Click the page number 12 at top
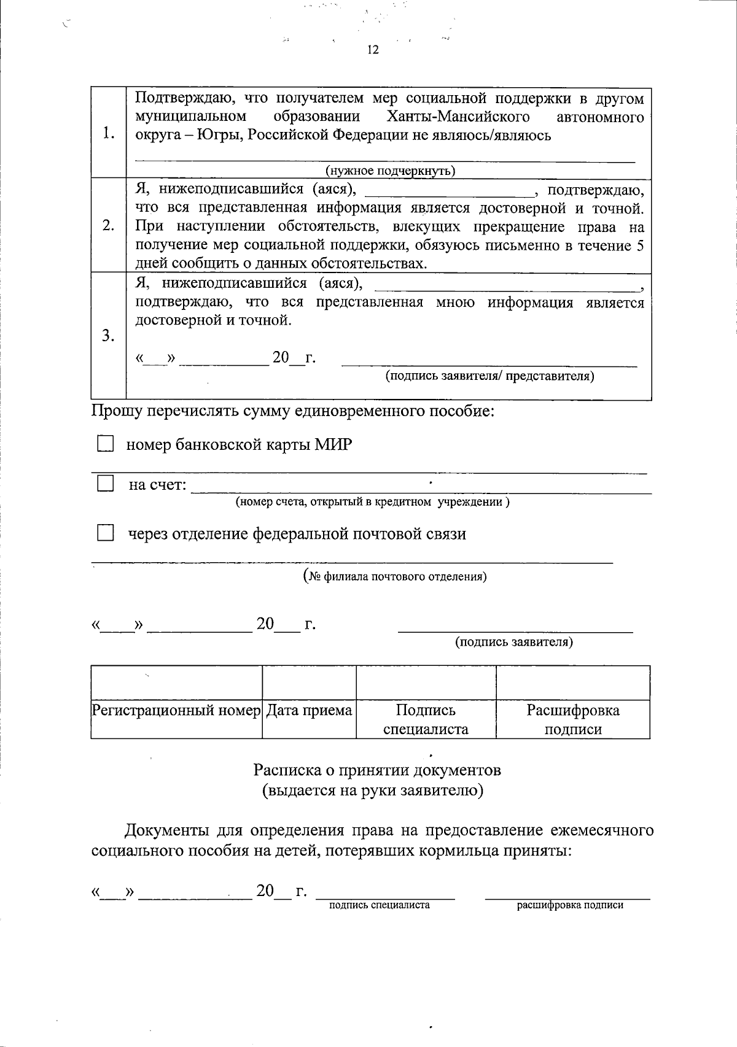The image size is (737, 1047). pyautogui.click(x=373, y=50)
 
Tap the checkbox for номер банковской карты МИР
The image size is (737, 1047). pyautogui.click(x=106, y=444)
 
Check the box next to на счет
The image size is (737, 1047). pyautogui.click(x=106, y=484)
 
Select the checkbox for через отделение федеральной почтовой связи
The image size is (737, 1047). pyautogui.click(x=106, y=533)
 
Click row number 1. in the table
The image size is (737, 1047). pyautogui.click(x=109, y=133)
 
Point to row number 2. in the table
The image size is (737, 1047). pyautogui.click(x=109, y=226)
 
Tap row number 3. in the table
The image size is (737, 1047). pyautogui.click(x=109, y=336)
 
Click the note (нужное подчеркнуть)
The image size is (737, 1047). pyautogui.click(x=390, y=171)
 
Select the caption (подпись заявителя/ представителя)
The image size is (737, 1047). pyautogui.click(x=489, y=376)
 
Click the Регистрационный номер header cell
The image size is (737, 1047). pyautogui.click(x=176, y=711)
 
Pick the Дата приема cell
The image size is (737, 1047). pyautogui.click(x=310, y=711)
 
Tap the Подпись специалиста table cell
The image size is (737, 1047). pyautogui.click(x=426, y=719)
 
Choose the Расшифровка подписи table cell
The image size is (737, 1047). pyautogui.click(x=572, y=719)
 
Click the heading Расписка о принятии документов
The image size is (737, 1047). pyautogui.click(x=378, y=770)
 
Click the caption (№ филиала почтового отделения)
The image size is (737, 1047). pyautogui.click(x=396, y=576)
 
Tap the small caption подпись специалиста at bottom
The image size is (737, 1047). pyautogui.click(x=379, y=905)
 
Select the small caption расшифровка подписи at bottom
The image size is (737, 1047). pyautogui.click(x=570, y=905)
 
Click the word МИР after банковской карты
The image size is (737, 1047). pyautogui.click(x=333, y=444)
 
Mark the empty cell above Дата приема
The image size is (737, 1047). pyautogui.click(x=310, y=682)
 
